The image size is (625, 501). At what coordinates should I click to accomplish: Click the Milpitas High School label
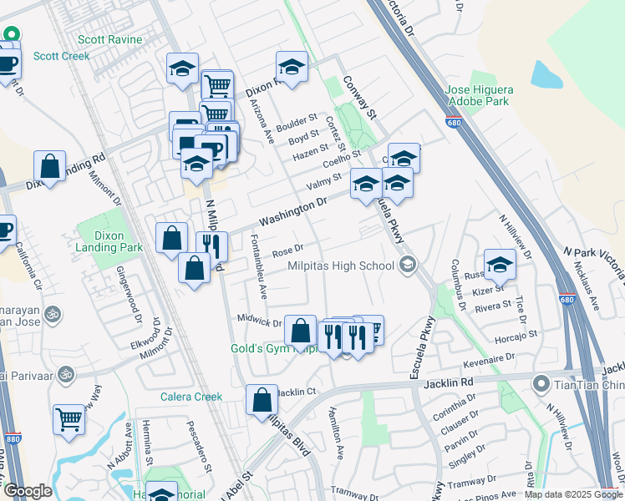pyautogui.click(x=340, y=266)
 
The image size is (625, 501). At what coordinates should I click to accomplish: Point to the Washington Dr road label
pyautogui.click(x=291, y=211)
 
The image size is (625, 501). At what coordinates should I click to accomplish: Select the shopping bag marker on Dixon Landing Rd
pyautogui.click(x=50, y=165)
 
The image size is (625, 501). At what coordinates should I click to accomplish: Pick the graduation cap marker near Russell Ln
pyautogui.click(x=500, y=264)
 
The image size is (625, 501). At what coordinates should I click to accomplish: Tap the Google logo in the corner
pyautogui.click(x=28, y=491)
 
